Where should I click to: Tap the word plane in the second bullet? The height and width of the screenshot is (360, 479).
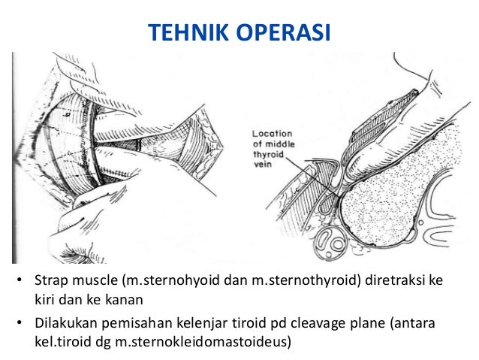click(x=370, y=323)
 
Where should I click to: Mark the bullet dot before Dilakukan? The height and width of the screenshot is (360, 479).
click(x=20, y=324)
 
